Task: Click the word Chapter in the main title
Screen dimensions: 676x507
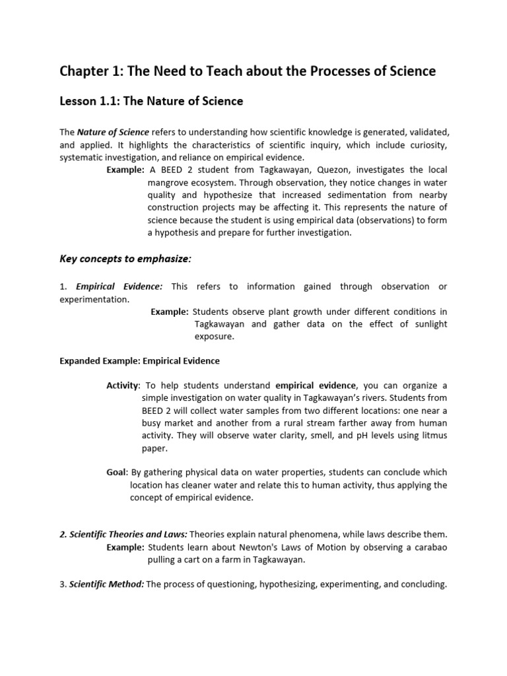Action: (83, 71)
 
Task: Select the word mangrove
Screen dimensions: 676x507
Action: (169, 183)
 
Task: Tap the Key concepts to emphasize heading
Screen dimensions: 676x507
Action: (125, 259)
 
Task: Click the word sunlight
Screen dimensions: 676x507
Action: (428, 324)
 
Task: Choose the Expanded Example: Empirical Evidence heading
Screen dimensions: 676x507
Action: (140, 361)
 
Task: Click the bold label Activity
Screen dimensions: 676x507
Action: (123, 386)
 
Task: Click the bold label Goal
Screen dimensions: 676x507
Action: (116, 473)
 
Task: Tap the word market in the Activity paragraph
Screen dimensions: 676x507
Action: (176, 423)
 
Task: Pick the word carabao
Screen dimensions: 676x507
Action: (427, 547)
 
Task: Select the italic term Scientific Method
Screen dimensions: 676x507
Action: (107, 584)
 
